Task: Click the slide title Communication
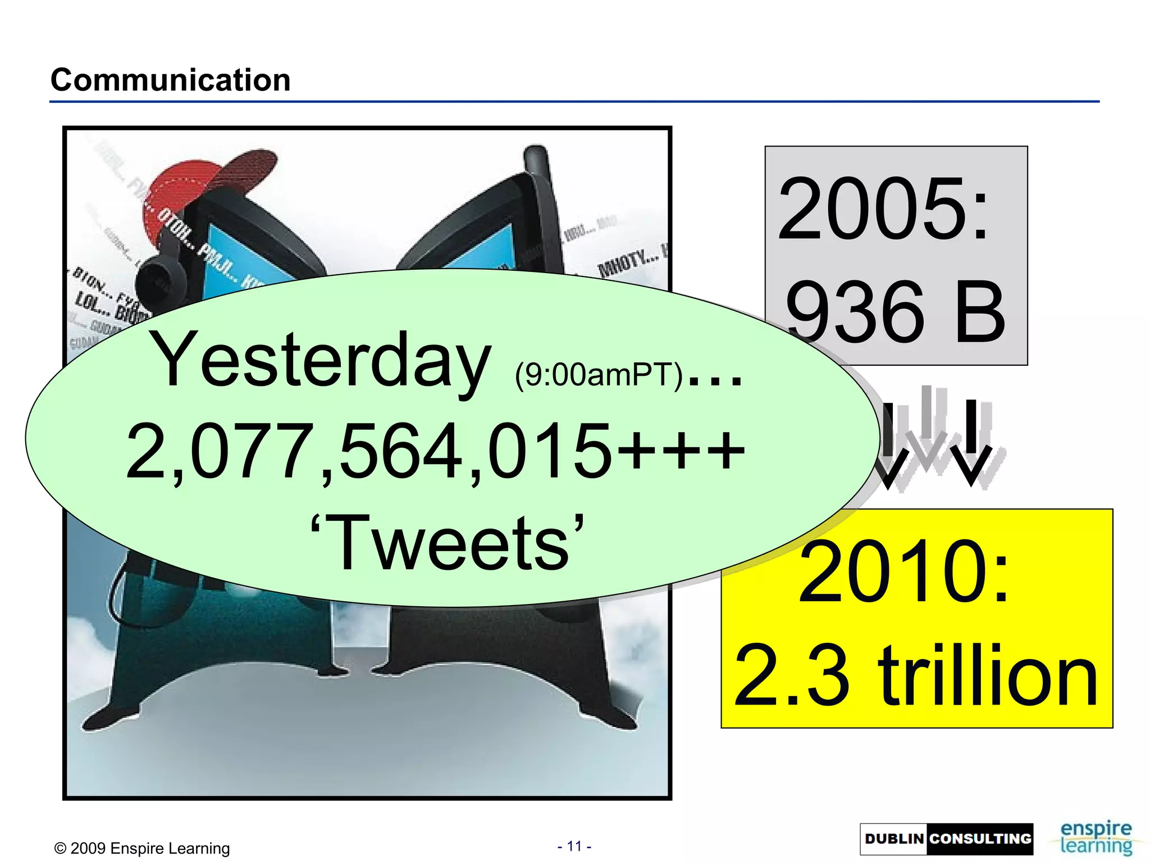coord(171,80)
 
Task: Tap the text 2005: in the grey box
coord(883,209)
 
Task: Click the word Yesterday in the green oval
coord(321,360)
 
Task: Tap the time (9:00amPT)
coord(599,374)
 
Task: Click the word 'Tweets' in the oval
coord(446,543)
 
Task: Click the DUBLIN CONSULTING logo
coord(946,839)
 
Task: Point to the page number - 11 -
coord(574,846)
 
